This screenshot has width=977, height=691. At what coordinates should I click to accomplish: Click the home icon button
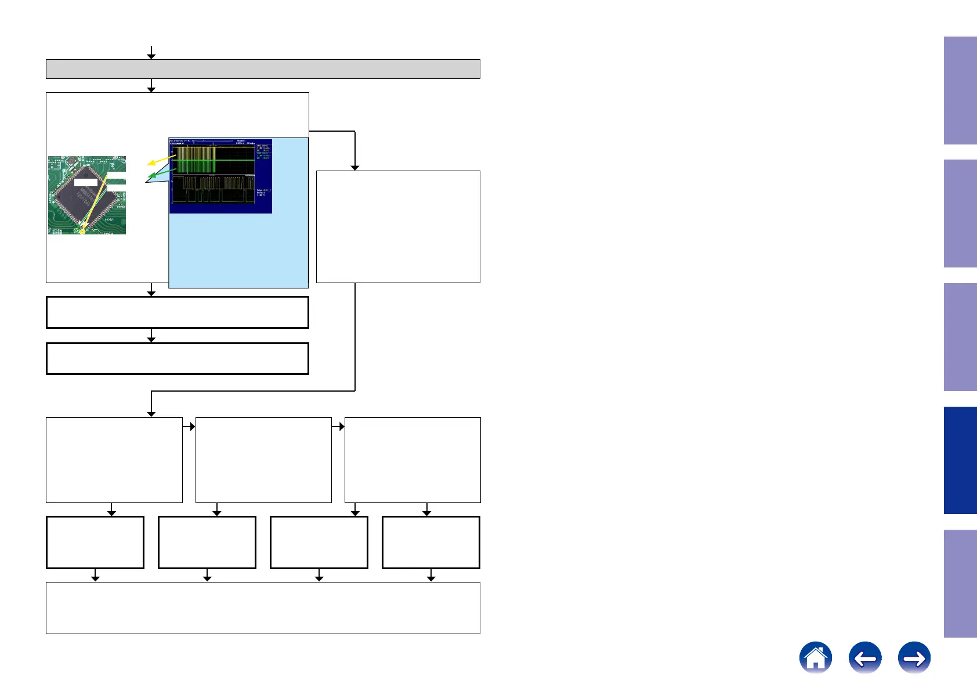click(x=815, y=657)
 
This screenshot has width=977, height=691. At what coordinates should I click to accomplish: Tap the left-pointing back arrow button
click(x=864, y=657)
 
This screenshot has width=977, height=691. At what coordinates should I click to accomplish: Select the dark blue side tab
click(x=960, y=460)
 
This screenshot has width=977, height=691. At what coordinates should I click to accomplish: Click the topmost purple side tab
click(x=960, y=91)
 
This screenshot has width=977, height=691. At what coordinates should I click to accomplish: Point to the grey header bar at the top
click(x=263, y=68)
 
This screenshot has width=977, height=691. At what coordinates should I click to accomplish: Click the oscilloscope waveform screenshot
click(x=220, y=175)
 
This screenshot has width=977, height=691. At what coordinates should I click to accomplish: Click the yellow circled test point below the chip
click(x=82, y=231)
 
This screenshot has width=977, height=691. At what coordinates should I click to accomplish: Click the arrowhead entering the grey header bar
click(x=151, y=56)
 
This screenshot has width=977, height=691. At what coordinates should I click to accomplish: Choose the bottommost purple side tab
click(x=960, y=583)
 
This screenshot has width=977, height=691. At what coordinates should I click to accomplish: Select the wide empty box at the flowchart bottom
click(x=263, y=607)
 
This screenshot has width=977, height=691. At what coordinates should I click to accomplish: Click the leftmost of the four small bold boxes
click(x=95, y=542)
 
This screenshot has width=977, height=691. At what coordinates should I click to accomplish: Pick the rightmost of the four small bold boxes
click(x=430, y=542)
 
